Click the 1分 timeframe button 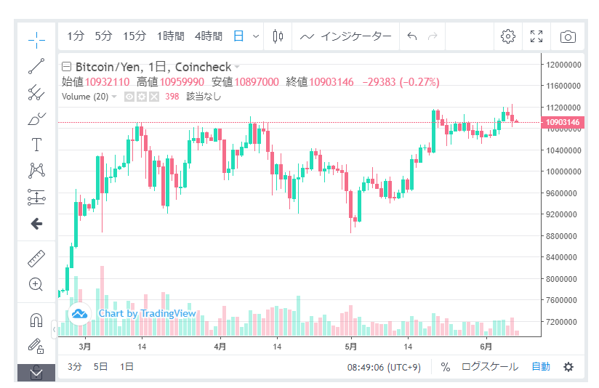[76, 36]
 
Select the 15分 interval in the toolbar [134, 36]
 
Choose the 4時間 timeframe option [208, 36]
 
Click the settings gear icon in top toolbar [508, 36]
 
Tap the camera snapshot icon [568, 36]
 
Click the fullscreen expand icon [537, 36]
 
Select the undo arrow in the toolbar [412, 36]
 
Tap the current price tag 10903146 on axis [563, 122]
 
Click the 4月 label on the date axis [220, 347]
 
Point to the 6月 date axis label [486, 347]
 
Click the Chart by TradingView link [147, 313]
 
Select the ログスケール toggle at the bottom [490, 367]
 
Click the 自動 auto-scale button [540, 367]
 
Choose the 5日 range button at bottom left [101, 367]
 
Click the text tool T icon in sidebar [36, 145]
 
